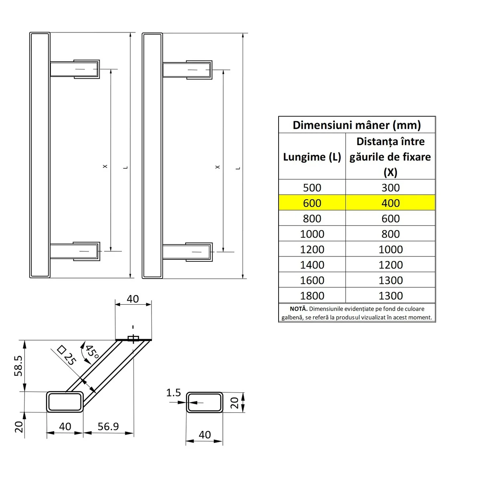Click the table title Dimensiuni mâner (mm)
356,125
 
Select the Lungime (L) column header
312,157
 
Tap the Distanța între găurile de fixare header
390,157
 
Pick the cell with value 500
312,188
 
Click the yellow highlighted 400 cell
390,203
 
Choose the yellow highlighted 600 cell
312,203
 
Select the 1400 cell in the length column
312,265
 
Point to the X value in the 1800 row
390,296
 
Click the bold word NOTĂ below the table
298,309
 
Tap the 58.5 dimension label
18,366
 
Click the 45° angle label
92,352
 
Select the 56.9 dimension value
108,426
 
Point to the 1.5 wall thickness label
174,393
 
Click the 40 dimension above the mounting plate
133,299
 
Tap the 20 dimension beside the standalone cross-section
234,402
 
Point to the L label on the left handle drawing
125,167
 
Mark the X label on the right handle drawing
218,167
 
